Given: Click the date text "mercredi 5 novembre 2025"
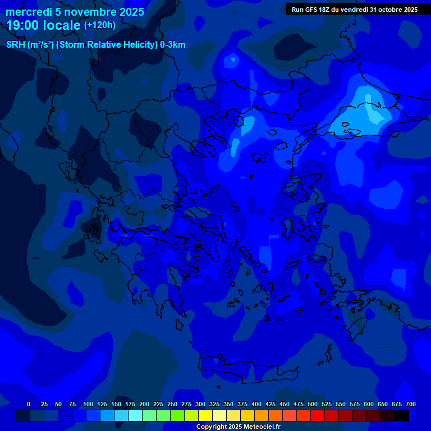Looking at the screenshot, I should [75, 12].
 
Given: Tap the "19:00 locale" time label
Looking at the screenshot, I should [44, 25].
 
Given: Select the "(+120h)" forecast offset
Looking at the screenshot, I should [100, 25].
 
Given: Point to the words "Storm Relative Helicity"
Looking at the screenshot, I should [107, 45].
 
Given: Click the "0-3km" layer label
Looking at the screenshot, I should [173, 45].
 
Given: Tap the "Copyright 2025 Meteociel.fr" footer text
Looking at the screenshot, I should [238, 427].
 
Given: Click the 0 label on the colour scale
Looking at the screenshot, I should [29, 404].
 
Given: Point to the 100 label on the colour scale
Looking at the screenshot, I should [88, 404].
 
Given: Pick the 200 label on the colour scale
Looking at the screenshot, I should [144, 404].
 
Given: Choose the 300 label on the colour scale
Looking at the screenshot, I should [200, 404].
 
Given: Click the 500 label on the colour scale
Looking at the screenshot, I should [313, 404].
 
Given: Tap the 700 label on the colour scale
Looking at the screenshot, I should [411, 404].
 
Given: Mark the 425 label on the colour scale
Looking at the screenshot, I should [270, 404].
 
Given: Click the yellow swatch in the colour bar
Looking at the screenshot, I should [205, 416].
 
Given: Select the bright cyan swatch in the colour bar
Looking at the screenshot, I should [135, 416].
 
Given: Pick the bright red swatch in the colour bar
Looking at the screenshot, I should [318, 416].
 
